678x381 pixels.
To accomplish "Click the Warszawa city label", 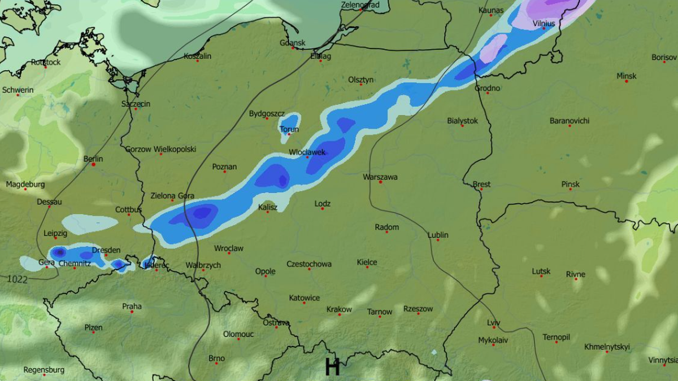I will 380,177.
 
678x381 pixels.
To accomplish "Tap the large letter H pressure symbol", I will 332,367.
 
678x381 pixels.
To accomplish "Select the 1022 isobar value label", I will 18,279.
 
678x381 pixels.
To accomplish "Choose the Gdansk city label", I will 293,43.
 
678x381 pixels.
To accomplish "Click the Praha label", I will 132,306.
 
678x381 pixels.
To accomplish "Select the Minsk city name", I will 626,76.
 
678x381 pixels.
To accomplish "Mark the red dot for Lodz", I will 323,209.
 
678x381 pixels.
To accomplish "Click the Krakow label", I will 339,309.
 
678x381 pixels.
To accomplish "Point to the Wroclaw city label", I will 229,248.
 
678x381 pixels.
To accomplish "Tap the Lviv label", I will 494,322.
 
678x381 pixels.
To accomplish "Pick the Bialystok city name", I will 462,121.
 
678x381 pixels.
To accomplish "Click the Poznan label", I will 224,167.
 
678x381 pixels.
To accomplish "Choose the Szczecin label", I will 136,104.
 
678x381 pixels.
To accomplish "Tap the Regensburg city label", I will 44,370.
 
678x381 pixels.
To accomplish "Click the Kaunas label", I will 490,10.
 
